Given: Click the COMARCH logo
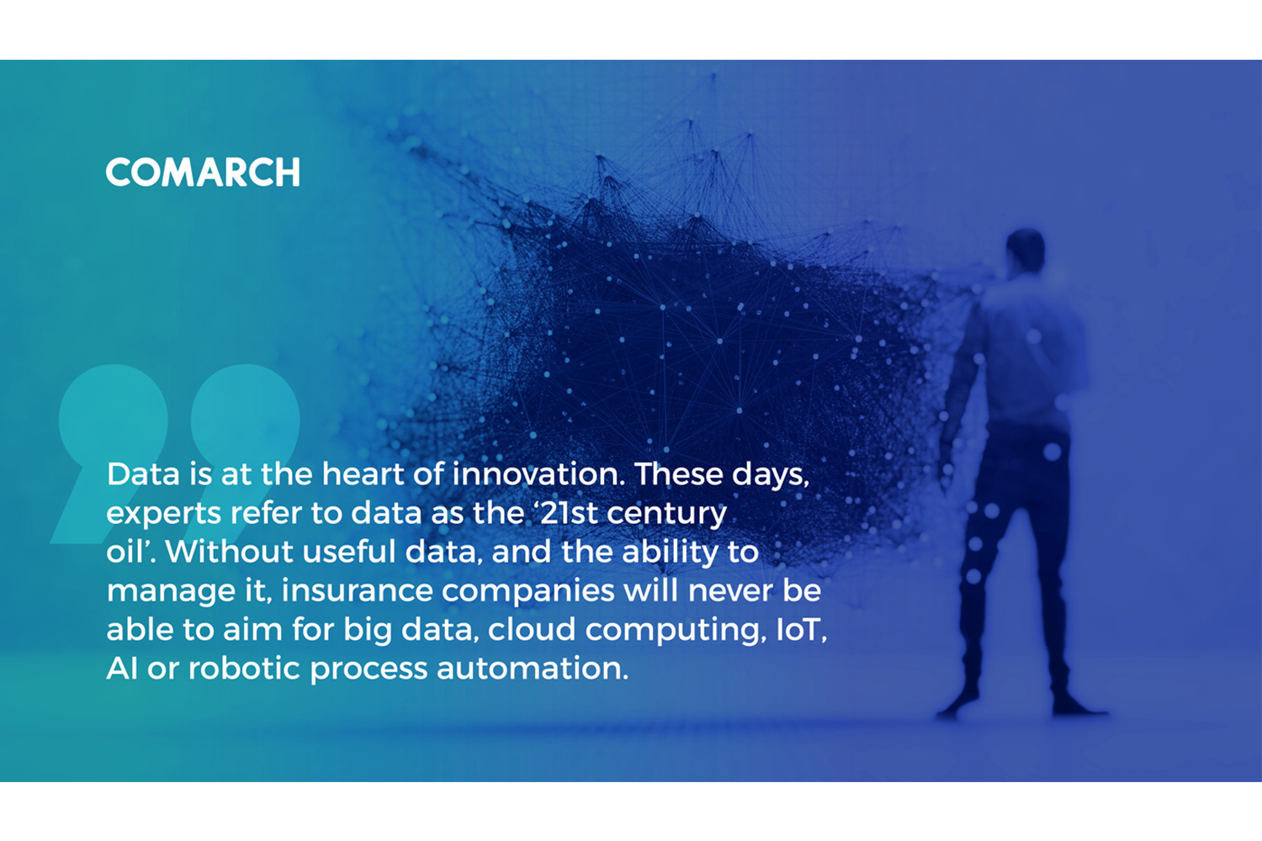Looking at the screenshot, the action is [203, 172].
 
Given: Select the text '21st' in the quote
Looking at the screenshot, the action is [564, 513].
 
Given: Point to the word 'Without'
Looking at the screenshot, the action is [229, 552].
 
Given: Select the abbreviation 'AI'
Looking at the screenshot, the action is [122, 668].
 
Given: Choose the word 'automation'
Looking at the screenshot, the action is [533, 668].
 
